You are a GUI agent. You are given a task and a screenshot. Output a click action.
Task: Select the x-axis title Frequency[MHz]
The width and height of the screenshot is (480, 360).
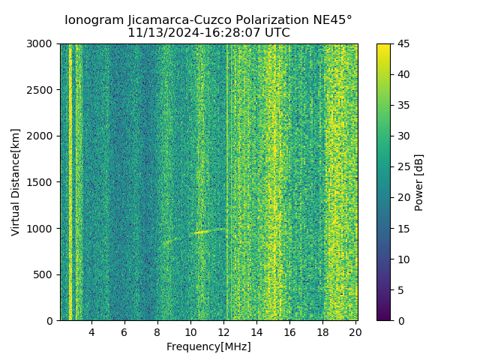208,346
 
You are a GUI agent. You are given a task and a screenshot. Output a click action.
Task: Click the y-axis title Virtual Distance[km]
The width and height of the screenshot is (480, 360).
16,182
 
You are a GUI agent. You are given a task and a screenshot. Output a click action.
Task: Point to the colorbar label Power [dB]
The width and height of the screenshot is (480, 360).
419,182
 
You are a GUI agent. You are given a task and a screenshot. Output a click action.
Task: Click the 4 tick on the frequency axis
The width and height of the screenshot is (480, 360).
91,331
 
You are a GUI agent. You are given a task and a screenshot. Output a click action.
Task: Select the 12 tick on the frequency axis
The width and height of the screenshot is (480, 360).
223,331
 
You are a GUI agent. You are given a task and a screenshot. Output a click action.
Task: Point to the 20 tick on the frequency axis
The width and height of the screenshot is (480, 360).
355,331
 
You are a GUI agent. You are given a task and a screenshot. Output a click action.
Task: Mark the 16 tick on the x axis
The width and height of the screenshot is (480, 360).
289,331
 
